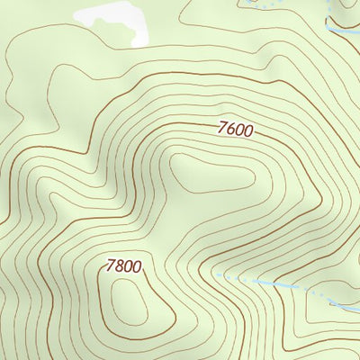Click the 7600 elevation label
[236, 129]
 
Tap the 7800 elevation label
[123, 266]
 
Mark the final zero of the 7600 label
[248, 131]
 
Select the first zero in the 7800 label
[128, 266]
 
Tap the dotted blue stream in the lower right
[270, 283]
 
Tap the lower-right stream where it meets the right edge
[356, 306]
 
